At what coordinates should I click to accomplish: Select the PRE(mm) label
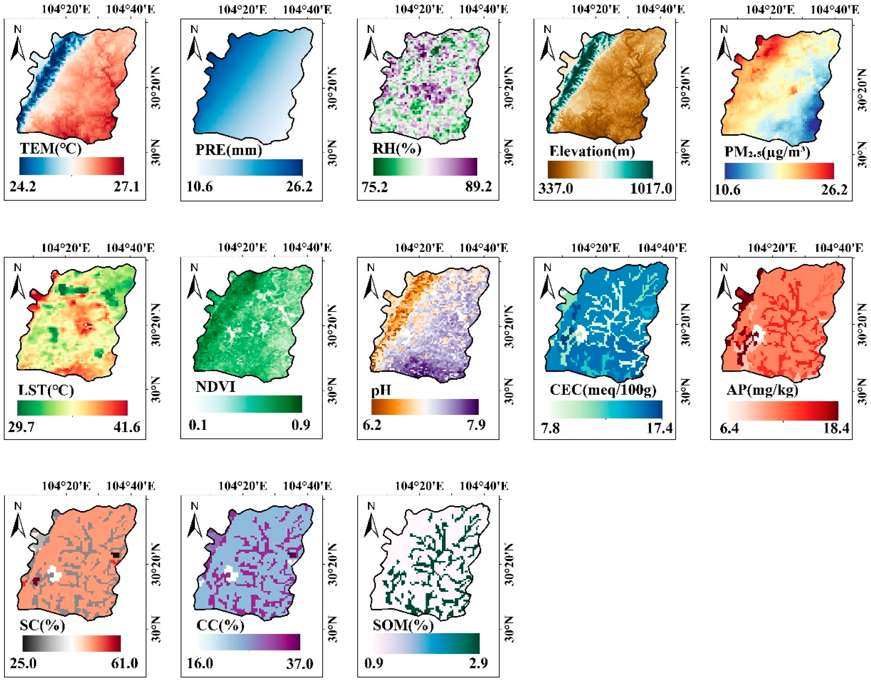point(229,150)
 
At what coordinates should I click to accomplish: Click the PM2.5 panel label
point(767,152)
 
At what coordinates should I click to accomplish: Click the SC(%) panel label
point(42,625)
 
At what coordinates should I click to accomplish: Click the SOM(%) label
point(403,625)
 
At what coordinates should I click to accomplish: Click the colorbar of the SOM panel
point(426,643)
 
